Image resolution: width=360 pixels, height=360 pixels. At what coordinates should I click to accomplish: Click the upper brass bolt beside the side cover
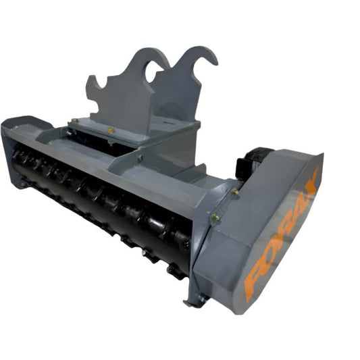(x=234, y=192)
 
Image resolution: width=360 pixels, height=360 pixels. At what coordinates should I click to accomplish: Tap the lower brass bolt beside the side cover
(x=216, y=217)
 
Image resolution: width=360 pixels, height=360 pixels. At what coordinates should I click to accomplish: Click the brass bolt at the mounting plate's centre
(x=111, y=130)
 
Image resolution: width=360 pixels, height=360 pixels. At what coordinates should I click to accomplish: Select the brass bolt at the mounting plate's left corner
(x=75, y=120)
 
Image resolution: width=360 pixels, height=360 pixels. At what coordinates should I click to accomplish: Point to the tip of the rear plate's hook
(x=215, y=62)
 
